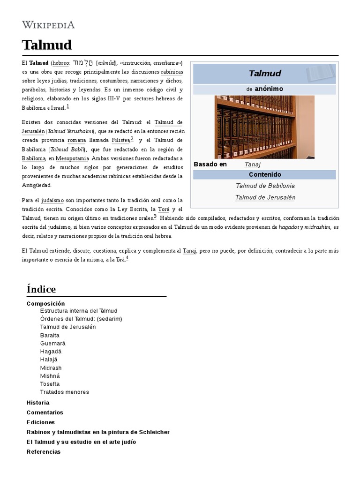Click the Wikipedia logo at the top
pyautogui.click(x=48, y=25)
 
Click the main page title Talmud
pyautogui.click(x=47, y=45)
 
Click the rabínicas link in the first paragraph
pyautogui.click(x=172, y=72)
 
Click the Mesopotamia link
pyautogui.click(x=72, y=158)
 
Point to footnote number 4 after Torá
pyautogui.click(x=127, y=258)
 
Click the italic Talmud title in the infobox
pyautogui.click(x=264, y=73)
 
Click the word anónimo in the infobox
pyautogui.click(x=269, y=89)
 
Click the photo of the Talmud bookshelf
pyautogui.click(x=264, y=127)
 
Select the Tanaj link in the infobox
pyautogui.click(x=252, y=165)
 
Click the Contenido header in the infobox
pyautogui.click(x=264, y=174)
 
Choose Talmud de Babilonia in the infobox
pyautogui.click(x=265, y=186)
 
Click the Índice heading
pyautogui.click(x=41, y=289)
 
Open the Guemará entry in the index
pyautogui.click(x=52, y=344)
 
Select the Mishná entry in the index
pyautogui.click(x=50, y=376)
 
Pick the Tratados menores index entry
pyautogui.click(x=64, y=392)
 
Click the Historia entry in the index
pyautogui.click(x=38, y=403)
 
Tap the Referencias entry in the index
pyautogui.click(x=44, y=452)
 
